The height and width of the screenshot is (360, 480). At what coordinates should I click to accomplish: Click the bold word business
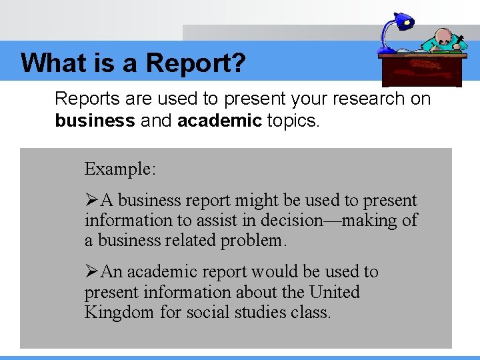(x=95, y=121)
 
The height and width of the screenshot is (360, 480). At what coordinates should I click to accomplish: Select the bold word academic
(x=219, y=121)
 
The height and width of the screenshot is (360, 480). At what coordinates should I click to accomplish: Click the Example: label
(x=120, y=169)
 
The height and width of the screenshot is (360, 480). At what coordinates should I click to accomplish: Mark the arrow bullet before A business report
(x=92, y=201)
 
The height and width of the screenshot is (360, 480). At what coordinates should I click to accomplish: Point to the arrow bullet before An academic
(x=92, y=272)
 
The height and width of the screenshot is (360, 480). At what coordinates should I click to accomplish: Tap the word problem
(x=254, y=240)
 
